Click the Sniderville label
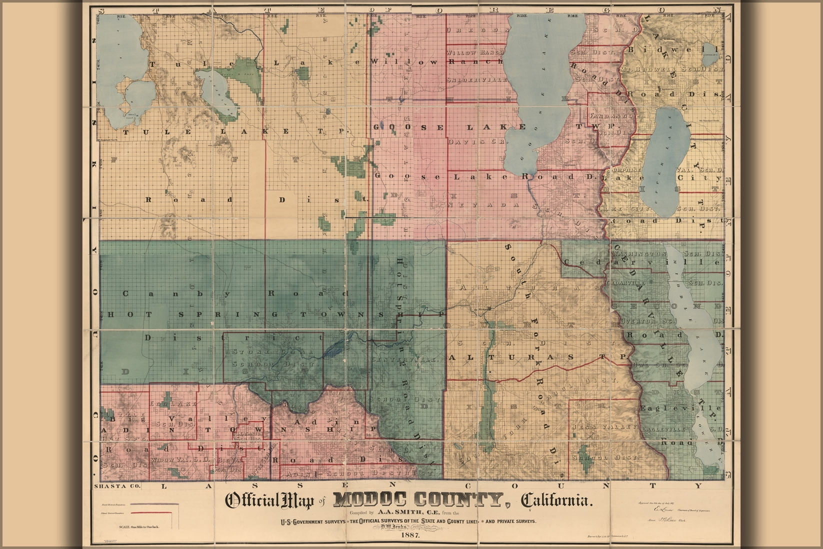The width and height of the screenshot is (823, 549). [477, 80]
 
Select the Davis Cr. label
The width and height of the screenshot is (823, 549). [478, 142]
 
